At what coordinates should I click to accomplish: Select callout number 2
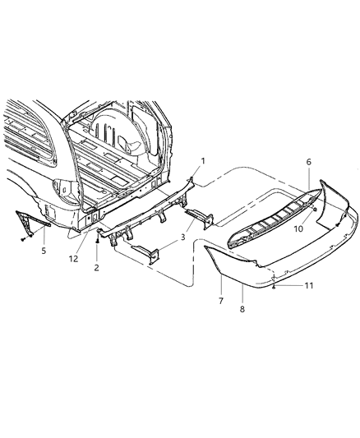[97, 267]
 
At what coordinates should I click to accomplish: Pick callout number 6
[309, 164]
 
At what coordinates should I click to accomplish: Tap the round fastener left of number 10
[316, 213]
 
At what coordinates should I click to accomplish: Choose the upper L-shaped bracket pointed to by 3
[200, 218]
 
